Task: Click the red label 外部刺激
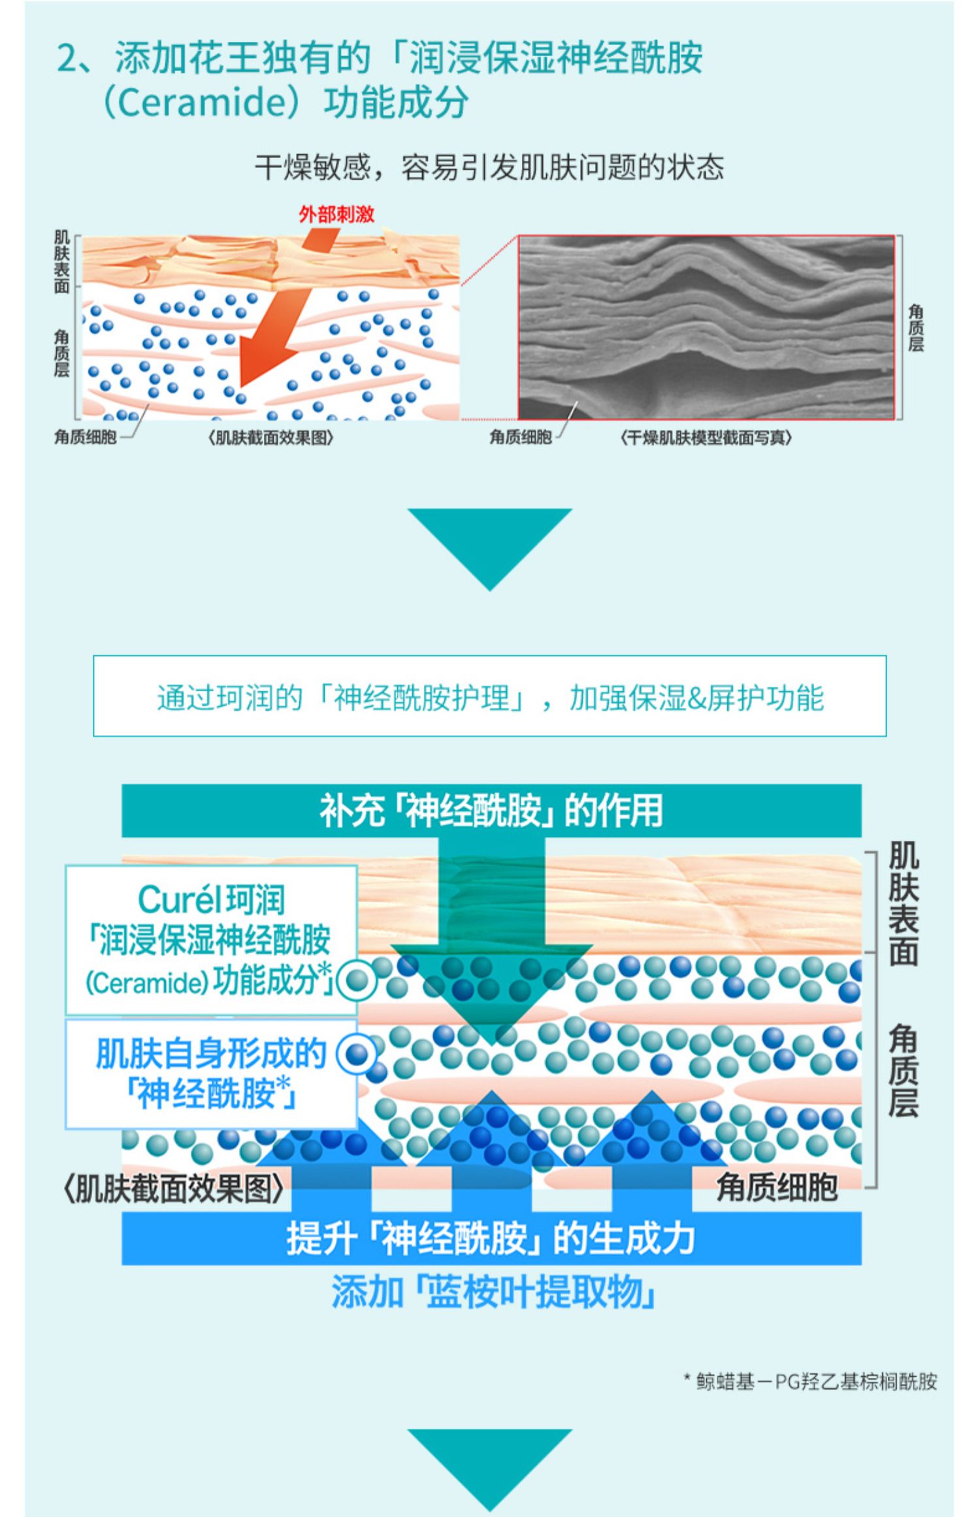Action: tap(336, 214)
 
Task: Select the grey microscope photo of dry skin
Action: tap(706, 327)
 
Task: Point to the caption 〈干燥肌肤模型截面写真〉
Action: tap(706, 437)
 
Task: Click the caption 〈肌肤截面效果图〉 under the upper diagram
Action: tap(270, 437)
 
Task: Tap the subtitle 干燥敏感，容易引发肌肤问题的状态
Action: tap(489, 168)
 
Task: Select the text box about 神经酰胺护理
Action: tap(489, 696)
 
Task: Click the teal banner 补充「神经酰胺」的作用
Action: tap(491, 810)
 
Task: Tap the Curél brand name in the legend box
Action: tap(177, 900)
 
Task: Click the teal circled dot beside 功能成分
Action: tap(356, 980)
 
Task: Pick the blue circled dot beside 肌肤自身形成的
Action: tap(356, 1053)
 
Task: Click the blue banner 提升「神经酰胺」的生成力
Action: tap(491, 1238)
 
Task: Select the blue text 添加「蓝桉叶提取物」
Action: tap(493, 1292)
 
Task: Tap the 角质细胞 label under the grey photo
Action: tap(521, 437)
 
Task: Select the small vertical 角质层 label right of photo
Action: tap(916, 329)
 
